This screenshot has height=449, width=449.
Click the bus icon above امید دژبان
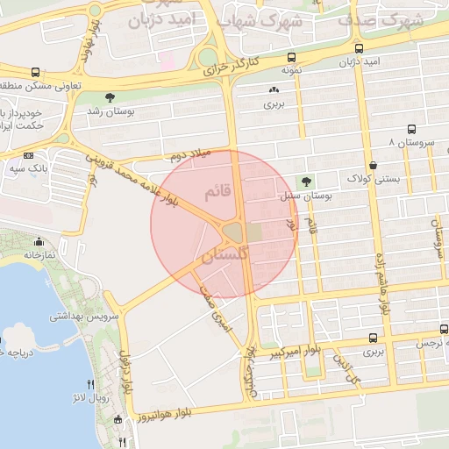[360, 48]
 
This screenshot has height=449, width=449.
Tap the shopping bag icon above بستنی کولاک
[374, 164]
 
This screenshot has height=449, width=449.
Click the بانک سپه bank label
[28, 166]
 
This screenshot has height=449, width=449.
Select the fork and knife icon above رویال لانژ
[90, 383]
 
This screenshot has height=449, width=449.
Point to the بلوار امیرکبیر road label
[293, 351]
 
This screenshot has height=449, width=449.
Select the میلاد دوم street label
[190, 155]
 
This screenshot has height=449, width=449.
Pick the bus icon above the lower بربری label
[374, 338]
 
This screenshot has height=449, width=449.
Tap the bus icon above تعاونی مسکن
[34, 73]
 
